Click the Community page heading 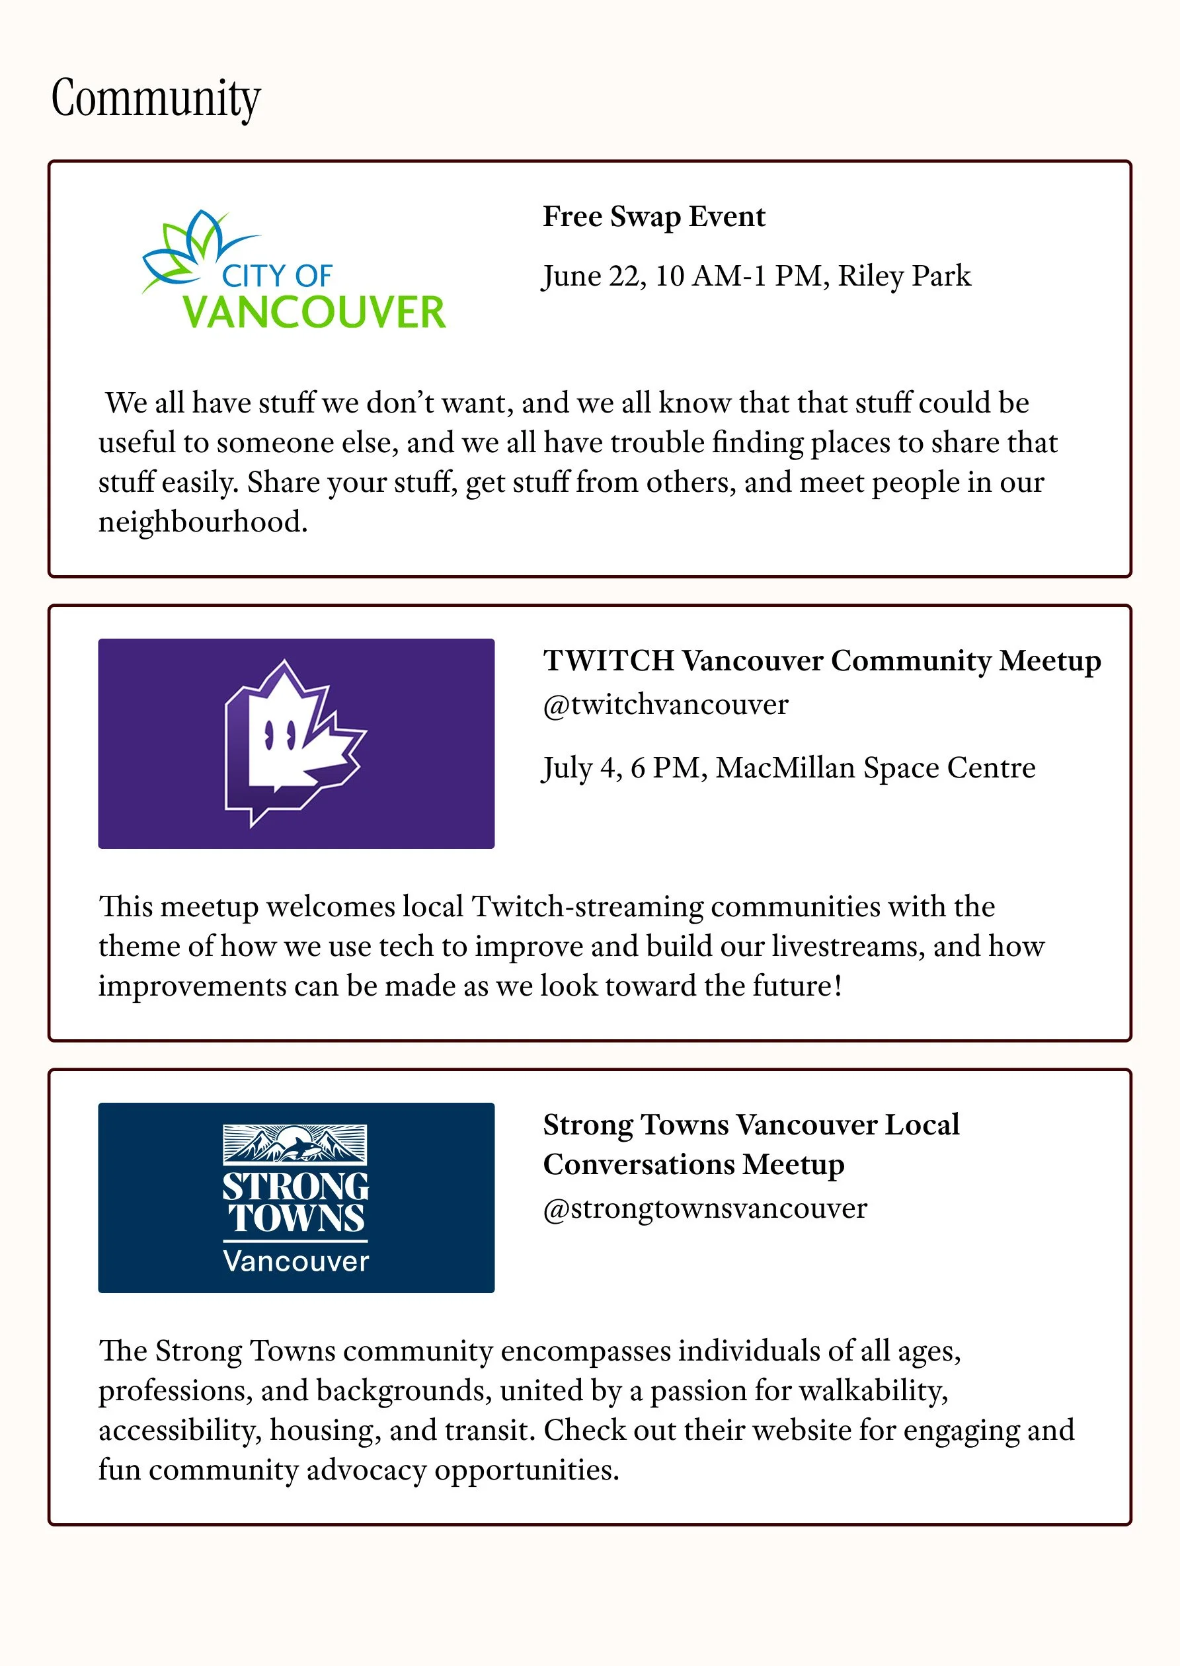click(x=155, y=98)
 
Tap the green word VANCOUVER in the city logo click(x=314, y=313)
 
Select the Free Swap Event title click(x=653, y=217)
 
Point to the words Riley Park click(x=904, y=276)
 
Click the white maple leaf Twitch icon click(x=294, y=741)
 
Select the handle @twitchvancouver click(x=665, y=704)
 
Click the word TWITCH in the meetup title click(x=609, y=660)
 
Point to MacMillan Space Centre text click(x=875, y=768)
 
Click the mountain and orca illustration click(x=295, y=1144)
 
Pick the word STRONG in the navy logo click(x=295, y=1187)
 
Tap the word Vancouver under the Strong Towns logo click(x=295, y=1261)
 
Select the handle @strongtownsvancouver click(x=705, y=1209)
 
